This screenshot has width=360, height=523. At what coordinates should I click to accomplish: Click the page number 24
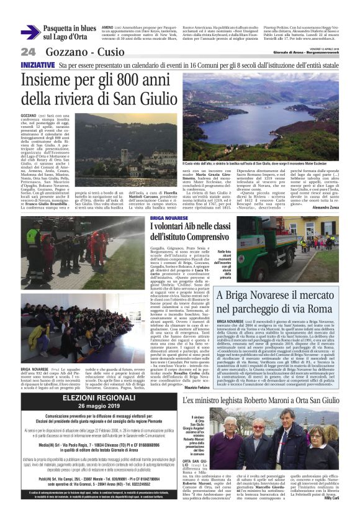point(28,52)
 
